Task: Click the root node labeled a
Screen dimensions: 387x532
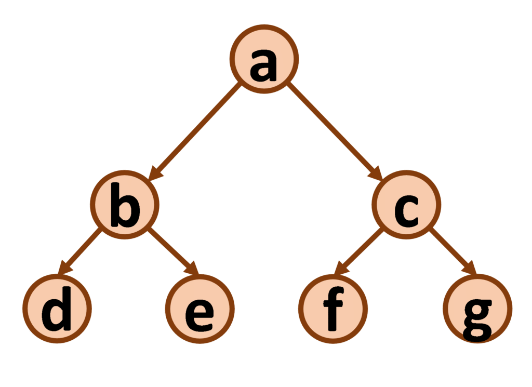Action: pos(264,59)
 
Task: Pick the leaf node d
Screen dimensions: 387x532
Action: pos(57,309)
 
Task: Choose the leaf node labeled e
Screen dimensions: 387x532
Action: pos(199,309)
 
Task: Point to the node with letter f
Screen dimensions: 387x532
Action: pos(333,309)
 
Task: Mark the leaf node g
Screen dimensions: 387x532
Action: pos(477,308)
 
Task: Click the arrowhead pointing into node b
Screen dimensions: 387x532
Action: pos(154,176)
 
